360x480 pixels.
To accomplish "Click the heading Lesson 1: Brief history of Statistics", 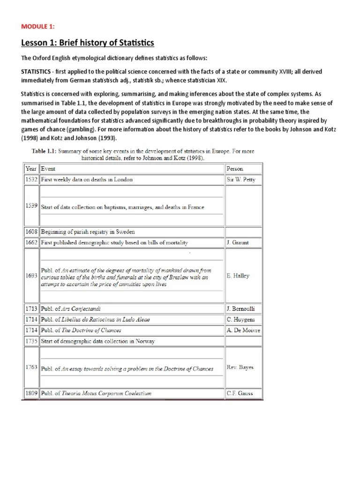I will click(x=88, y=43).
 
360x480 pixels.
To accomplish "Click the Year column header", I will click(x=31, y=168).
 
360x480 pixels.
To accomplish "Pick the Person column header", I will click(x=235, y=168).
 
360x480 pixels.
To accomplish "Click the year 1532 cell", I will click(x=31, y=179).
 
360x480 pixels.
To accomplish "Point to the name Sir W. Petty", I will click(x=240, y=180).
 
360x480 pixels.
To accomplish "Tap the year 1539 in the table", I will click(x=31, y=206).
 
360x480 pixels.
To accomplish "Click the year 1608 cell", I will click(x=31, y=232).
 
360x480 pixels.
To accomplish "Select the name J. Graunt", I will click(x=238, y=243).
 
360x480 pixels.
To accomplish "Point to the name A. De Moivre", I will click(x=243, y=330).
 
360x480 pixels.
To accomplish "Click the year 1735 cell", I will click(x=31, y=341).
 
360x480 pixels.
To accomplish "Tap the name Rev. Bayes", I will click(x=240, y=367).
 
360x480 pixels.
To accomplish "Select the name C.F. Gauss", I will click(x=240, y=393).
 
